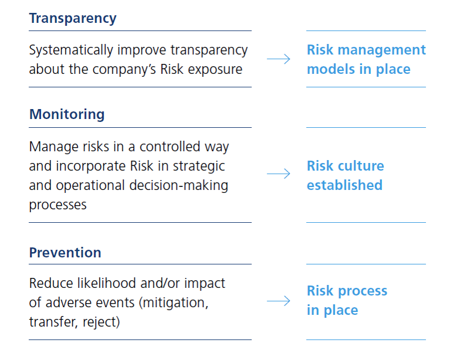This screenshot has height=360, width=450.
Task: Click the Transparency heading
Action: click(x=73, y=19)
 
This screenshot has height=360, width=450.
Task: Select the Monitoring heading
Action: click(x=67, y=114)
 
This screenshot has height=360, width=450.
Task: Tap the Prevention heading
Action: click(x=65, y=253)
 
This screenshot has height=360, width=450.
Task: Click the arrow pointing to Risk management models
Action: click(x=278, y=59)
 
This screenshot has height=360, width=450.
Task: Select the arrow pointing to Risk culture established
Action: click(x=278, y=174)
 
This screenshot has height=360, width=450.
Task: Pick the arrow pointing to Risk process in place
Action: click(x=278, y=301)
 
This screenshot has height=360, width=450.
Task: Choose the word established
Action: click(x=345, y=185)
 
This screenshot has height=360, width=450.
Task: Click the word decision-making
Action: click(x=179, y=186)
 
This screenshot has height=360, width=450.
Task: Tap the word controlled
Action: click(x=170, y=147)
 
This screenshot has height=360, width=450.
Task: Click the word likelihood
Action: click(x=107, y=283)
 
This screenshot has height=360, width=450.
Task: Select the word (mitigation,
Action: click(x=173, y=303)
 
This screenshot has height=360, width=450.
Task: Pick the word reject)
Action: click(x=101, y=322)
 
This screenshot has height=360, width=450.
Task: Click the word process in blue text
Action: click(x=363, y=291)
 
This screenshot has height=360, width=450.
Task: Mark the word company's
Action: click(x=124, y=70)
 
